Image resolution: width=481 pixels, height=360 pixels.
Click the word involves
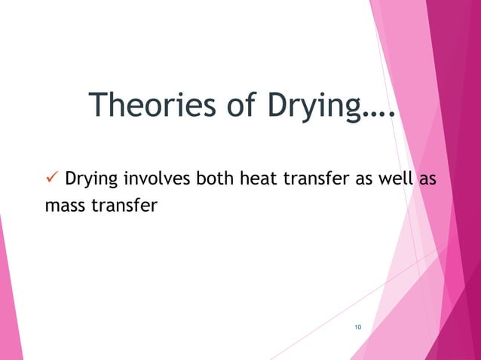[x=157, y=181]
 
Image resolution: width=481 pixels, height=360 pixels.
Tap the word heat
[x=253, y=181]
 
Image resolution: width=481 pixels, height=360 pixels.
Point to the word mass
[x=60, y=205]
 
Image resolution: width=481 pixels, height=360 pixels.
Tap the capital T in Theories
[x=98, y=106]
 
